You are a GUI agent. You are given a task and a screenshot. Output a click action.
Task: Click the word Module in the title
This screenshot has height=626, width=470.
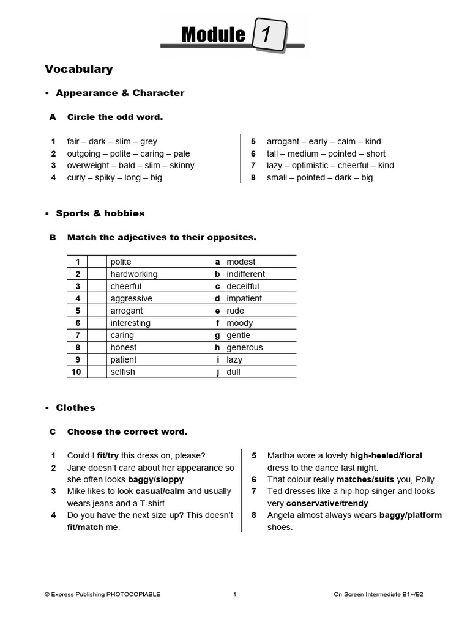[213, 35]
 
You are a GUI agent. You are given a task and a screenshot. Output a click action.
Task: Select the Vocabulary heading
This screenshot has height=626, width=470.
[78, 69]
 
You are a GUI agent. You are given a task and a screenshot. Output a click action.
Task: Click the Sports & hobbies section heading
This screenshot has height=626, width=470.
[100, 213]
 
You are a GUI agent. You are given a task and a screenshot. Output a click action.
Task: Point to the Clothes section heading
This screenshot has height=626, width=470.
[75, 408]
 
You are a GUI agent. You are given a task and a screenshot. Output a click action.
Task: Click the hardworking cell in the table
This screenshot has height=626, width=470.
[133, 274]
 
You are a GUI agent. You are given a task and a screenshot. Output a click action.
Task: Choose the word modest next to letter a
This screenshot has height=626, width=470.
[241, 262]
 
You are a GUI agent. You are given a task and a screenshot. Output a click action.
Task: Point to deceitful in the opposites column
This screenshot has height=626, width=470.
[242, 287]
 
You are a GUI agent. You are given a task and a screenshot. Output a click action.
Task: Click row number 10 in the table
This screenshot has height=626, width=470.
[76, 372]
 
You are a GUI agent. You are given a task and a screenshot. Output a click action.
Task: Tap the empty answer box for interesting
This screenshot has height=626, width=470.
[96, 323]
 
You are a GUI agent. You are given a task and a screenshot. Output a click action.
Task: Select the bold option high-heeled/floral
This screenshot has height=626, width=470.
[386, 456]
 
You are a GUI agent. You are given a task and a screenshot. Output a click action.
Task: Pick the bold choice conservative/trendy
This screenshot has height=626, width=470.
[327, 504]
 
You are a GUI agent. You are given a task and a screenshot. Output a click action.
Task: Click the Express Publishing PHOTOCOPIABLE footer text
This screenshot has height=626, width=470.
[102, 594]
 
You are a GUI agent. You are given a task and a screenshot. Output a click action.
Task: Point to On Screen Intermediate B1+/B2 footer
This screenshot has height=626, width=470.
[378, 594]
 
